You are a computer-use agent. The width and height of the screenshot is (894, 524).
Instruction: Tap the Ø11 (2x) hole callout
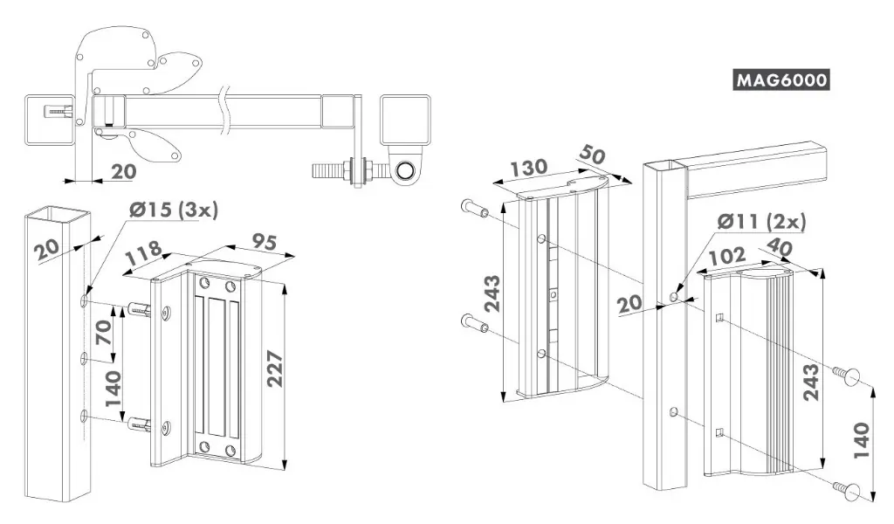pos(761,222)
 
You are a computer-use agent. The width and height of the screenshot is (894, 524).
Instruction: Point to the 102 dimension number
pos(726,258)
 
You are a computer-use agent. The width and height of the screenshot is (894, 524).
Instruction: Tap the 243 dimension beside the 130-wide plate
pos(491,296)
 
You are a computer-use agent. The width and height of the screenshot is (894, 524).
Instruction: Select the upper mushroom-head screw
pos(845,376)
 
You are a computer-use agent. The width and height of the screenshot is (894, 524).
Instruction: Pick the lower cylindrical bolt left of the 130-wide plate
pos(474,323)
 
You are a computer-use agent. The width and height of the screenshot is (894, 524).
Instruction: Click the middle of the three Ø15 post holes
pos(85,358)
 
